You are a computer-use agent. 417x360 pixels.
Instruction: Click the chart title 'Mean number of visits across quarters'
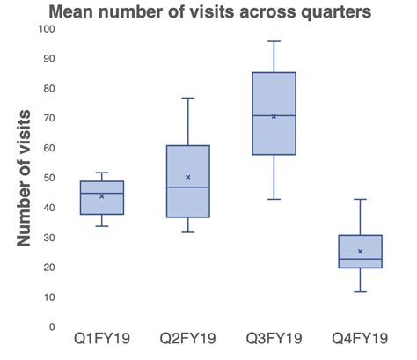(208, 12)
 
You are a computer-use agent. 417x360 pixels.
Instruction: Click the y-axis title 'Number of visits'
(27, 178)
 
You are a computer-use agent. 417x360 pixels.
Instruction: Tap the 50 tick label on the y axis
(48, 178)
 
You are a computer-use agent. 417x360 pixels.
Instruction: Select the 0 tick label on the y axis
(52, 327)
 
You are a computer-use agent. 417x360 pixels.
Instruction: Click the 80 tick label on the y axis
(48, 88)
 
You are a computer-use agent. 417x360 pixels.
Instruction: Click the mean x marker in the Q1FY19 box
(102, 196)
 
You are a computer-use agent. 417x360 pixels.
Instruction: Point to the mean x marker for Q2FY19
(187, 177)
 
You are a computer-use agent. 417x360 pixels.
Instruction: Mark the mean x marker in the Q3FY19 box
(274, 116)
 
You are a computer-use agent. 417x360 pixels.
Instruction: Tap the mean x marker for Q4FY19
(360, 251)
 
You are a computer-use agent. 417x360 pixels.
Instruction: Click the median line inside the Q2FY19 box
(187, 187)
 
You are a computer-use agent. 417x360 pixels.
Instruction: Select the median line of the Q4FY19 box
(360, 259)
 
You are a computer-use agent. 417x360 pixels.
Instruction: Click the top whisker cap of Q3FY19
(274, 41)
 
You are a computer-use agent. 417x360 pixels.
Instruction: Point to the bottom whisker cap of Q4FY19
(360, 291)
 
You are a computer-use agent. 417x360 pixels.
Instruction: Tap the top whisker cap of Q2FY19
(187, 98)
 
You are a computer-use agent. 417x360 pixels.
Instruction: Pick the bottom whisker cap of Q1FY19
(102, 226)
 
